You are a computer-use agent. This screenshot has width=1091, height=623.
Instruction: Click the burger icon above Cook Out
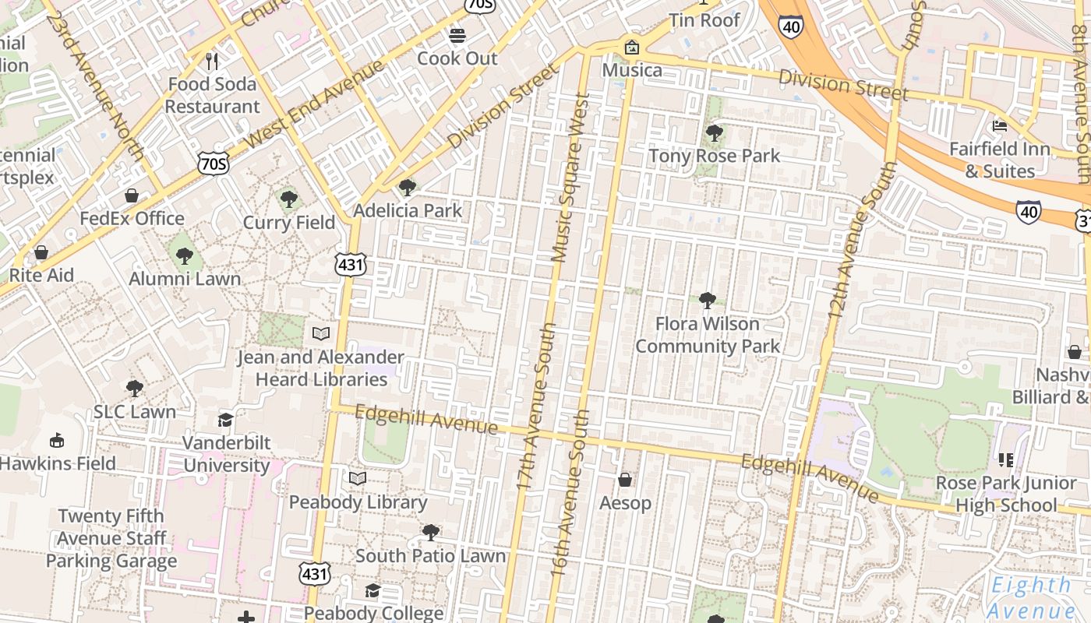[457, 36]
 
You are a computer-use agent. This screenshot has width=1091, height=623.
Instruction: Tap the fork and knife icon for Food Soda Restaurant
[212, 61]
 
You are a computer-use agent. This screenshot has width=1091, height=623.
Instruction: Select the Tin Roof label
[704, 20]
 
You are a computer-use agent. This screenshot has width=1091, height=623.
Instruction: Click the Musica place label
[632, 70]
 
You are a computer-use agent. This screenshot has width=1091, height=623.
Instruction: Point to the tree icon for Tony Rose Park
[714, 133]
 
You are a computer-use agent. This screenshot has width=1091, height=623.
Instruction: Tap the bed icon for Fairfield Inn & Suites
[1000, 126]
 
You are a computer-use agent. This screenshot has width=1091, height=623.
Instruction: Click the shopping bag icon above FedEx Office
[132, 195]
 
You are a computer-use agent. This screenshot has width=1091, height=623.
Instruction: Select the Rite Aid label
[41, 275]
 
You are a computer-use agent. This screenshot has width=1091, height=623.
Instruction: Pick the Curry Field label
[289, 223]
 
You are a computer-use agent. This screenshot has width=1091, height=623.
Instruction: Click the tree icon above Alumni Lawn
[185, 255]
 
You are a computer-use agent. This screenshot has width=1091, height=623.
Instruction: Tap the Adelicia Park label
[408, 210]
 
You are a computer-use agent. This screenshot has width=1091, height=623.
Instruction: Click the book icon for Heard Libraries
[321, 334]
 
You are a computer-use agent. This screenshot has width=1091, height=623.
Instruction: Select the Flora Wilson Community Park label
[708, 335]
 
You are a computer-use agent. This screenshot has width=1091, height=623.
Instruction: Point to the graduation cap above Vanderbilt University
[226, 421]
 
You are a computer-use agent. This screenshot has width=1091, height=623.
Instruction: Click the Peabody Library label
[358, 502]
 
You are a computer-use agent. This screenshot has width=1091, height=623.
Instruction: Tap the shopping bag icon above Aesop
[625, 480]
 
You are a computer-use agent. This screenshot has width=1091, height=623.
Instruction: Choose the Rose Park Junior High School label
[1006, 494]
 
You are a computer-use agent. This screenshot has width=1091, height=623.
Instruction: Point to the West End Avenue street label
[315, 104]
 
